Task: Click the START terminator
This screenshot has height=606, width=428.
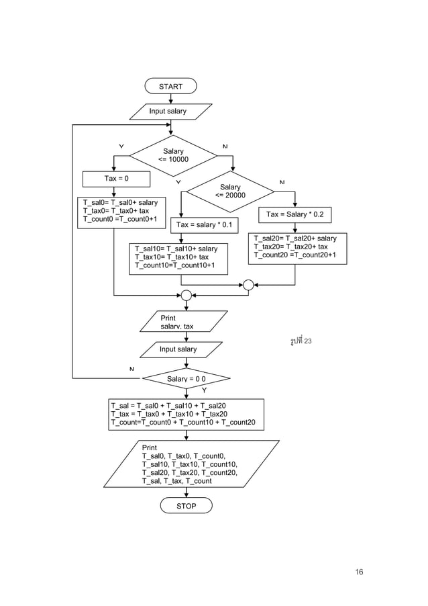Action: [x=170, y=86]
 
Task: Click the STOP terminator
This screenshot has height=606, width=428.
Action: [x=186, y=505]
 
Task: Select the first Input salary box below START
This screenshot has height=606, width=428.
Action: [x=170, y=111]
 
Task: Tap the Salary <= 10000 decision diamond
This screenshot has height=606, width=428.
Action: [x=173, y=156]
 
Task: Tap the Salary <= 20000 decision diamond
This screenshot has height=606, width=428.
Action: [x=230, y=191]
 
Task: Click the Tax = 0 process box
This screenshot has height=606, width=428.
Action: [x=116, y=179]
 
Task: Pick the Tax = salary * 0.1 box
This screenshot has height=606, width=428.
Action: [x=204, y=224]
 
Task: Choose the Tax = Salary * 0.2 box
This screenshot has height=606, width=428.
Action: [x=295, y=214]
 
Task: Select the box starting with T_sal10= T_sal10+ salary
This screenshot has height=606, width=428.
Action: [x=178, y=258]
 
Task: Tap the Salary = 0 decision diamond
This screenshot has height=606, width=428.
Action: [x=186, y=379]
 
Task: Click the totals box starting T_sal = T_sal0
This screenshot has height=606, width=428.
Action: [x=186, y=414]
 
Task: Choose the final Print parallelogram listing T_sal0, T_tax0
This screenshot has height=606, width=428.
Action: [x=191, y=464]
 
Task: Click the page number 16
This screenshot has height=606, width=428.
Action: [x=359, y=572]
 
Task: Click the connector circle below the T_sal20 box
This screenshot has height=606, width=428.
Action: [x=248, y=285]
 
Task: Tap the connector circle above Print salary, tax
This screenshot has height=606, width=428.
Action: [x=186, y=295]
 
